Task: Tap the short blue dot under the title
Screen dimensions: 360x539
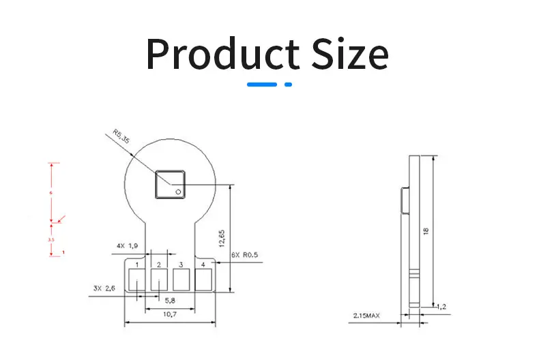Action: (288, 85)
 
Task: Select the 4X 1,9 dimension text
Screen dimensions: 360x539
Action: (127, 245)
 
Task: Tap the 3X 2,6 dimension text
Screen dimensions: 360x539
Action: (106, 288)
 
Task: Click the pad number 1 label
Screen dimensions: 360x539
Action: (137, 264)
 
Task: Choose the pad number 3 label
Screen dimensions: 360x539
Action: (181, 264)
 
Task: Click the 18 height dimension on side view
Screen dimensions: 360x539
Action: (426, 230)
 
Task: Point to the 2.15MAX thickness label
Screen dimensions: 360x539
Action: (366, 315)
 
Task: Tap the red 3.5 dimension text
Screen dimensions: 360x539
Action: (50, 240)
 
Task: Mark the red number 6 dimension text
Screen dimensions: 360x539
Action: (50, 193)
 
